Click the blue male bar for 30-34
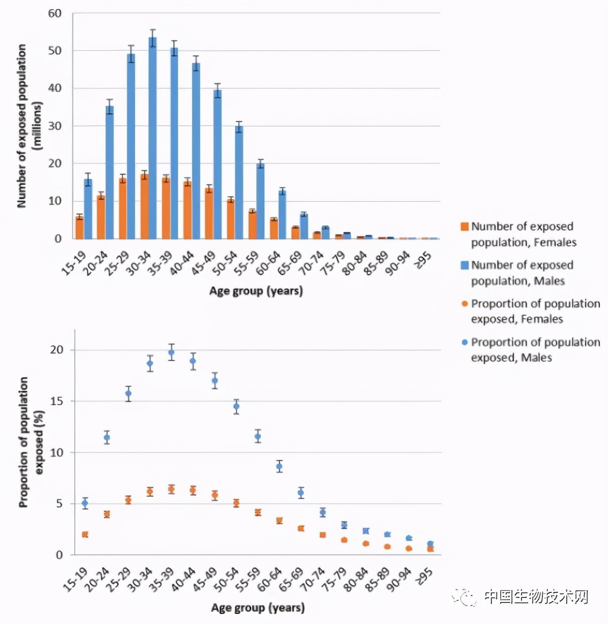click(153, 138)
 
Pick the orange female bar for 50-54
click(231, 219)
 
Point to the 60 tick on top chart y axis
click(55, 14)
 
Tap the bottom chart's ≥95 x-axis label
click(424, 577)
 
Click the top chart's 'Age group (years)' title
click(256, 291)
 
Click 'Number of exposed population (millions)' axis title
click(29, 125)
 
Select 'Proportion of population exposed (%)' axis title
click(31, 442)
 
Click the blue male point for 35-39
click(172, 353)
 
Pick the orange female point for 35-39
click(172, 489)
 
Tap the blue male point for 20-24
click(107, 437)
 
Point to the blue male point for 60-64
click(279, 466)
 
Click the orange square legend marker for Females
click(465, 227)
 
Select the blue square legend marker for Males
click(465, 265)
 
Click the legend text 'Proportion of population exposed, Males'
click(535, 350)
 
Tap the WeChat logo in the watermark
click(465, 597)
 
